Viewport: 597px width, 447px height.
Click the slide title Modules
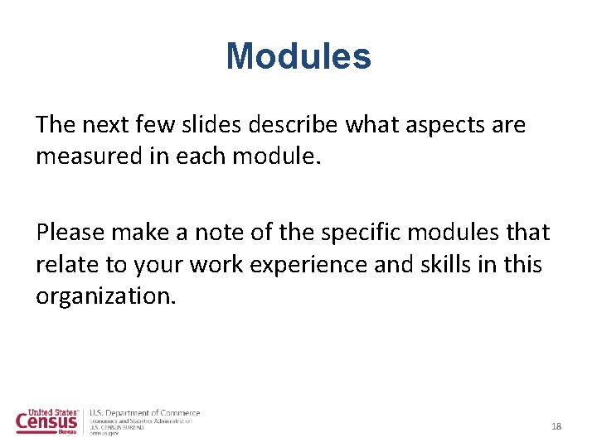click(298, 56)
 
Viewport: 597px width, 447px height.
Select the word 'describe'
click(307, 125)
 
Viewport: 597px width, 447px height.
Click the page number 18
click(556, 426)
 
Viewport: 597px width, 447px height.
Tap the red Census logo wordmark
click(46, 423)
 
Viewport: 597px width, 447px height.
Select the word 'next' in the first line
click(107, 125)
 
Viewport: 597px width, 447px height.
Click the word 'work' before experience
click(211, 265)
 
